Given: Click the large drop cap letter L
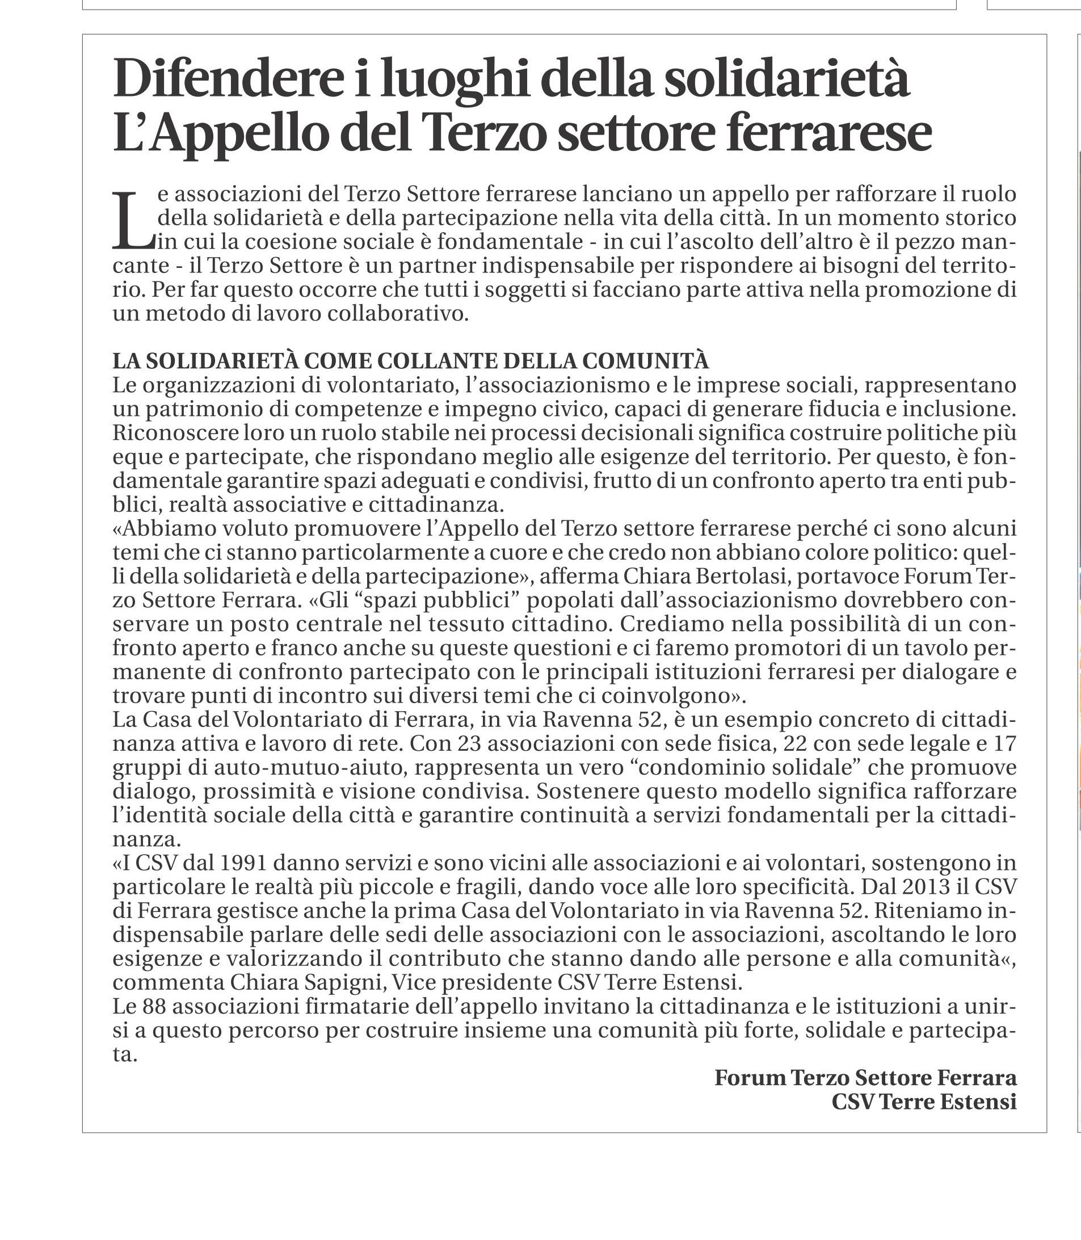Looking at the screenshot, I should point(133,220).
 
